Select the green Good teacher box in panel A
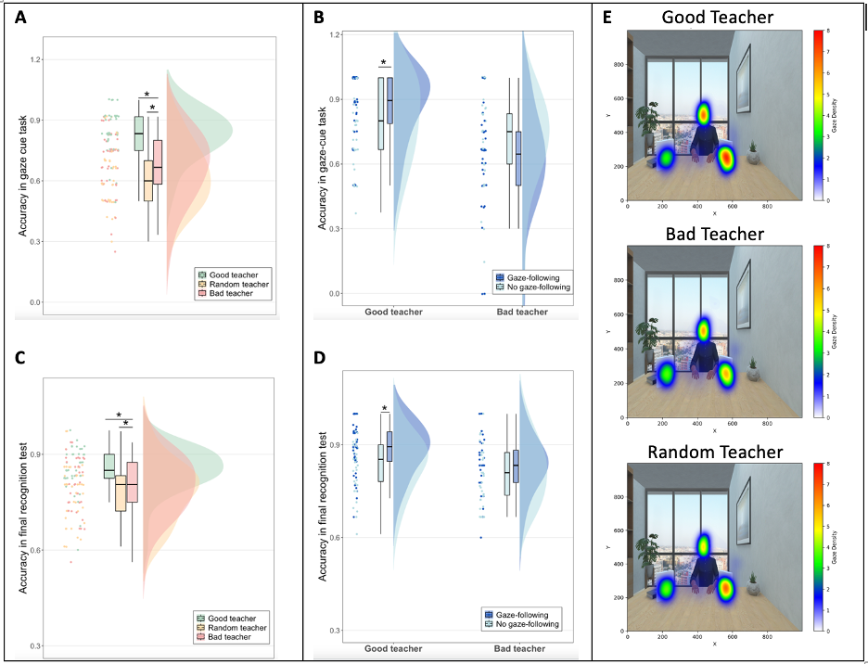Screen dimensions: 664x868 139,133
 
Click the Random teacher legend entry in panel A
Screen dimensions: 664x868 233,284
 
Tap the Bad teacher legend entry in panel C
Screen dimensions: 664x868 231,637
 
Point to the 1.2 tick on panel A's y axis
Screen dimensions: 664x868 36,60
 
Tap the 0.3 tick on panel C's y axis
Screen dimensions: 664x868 36,645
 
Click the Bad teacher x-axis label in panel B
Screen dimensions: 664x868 522,312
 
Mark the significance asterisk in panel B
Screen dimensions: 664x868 383,63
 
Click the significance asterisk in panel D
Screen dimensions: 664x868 383,410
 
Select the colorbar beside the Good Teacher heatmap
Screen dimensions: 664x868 818,114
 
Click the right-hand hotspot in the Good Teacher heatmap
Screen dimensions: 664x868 726,160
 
